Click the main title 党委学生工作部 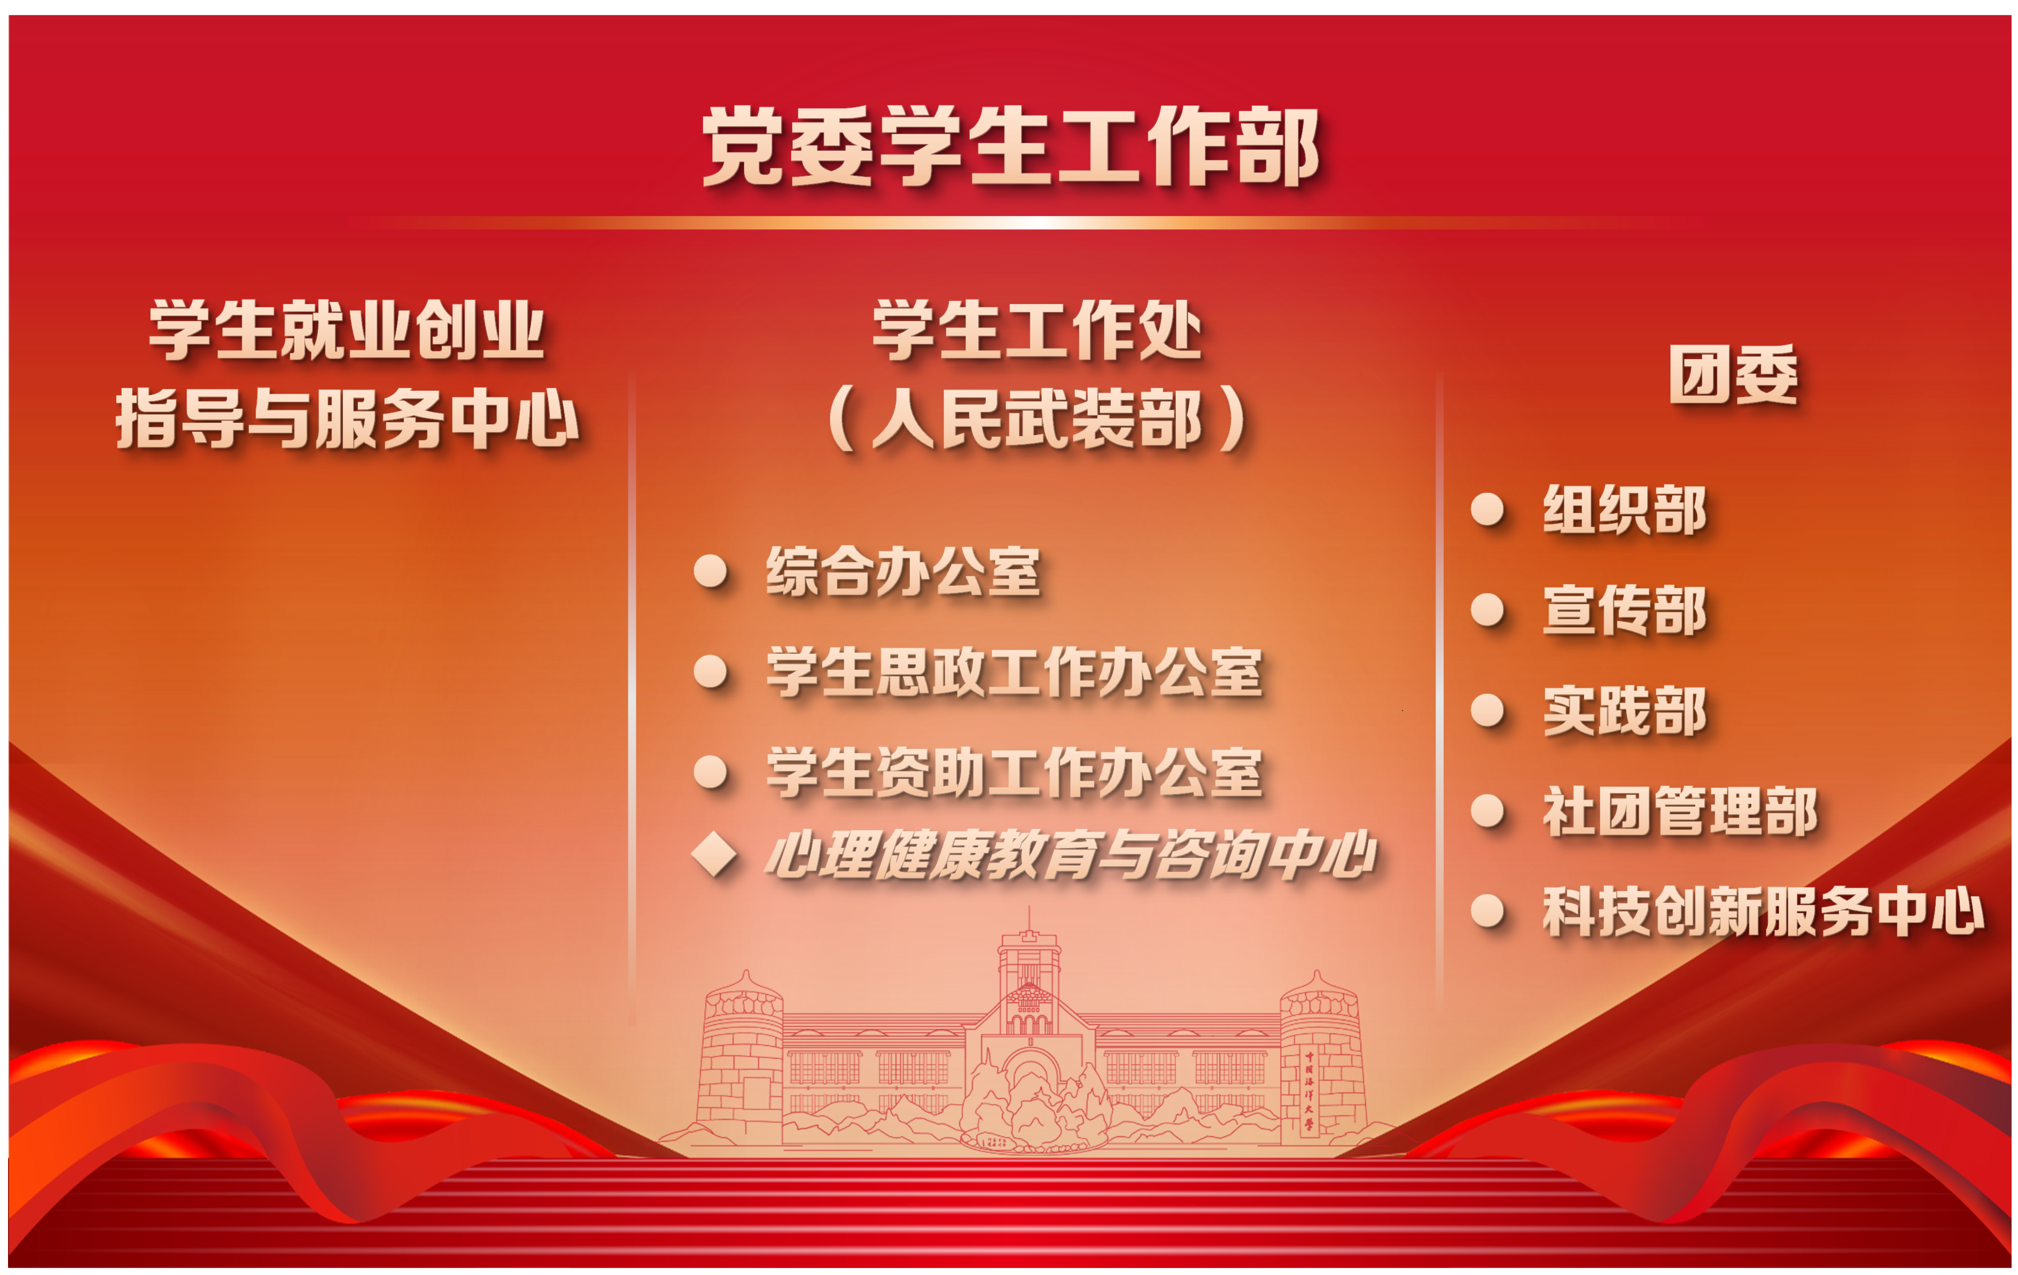pyautogui.click(x=1010, y=146)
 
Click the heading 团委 pyautogui.click(x=1733, y=375)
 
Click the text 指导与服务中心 pyautogui.click(x=347, y=418)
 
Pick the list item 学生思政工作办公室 pyautogui.click(x=1014, y=671)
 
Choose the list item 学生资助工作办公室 pyautogui.click(x=1014, y=772)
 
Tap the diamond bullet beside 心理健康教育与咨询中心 pyautogui.click(x=714, y=855)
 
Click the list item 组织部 pyautogui.click(x=1624, y=509)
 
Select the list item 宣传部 pyautogui.click(x=1624, y=611)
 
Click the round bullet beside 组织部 pyautogui.click(x=1487, y=509)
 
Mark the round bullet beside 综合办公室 pyautogui.click(x=711, y=571)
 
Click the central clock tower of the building pyautogui.click(x=1029, y=972)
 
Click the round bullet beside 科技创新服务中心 pyautogui.click(x=1487, y=911)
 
